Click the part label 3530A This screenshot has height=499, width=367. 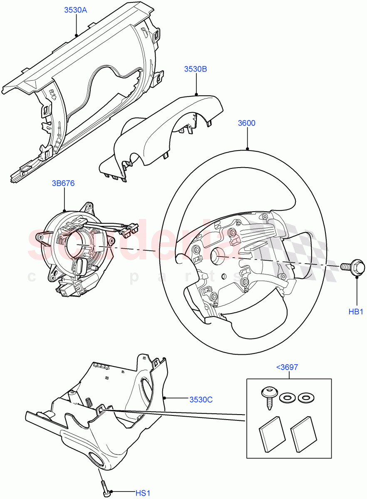pyautogui.click(x=75, y=10)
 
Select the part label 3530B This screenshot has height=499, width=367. pyautogui.click(x=196, y=69)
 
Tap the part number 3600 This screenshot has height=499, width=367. pyautogui.click(x=247, y=123)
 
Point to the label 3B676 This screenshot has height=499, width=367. pyautogui.click(x=63, y=183)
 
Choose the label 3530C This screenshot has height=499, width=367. pyautogui.click(x=201, y=400)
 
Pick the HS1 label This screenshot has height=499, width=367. pyautogui.click(x=142, y=493)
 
